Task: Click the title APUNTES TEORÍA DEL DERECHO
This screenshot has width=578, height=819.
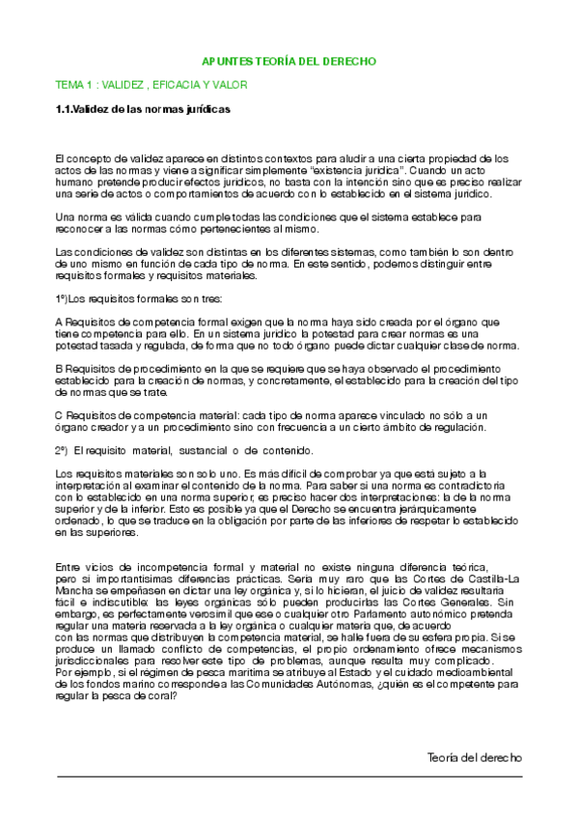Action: (x=292, y=61)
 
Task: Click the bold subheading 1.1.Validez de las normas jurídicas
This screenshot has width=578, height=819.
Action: (x=143, y=110)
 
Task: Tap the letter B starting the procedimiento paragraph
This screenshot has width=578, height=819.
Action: (x=59, y=369)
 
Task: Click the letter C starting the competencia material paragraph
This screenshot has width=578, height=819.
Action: (x=59, y=414)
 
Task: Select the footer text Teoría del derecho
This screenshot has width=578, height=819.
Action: (x=474, y=757)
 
